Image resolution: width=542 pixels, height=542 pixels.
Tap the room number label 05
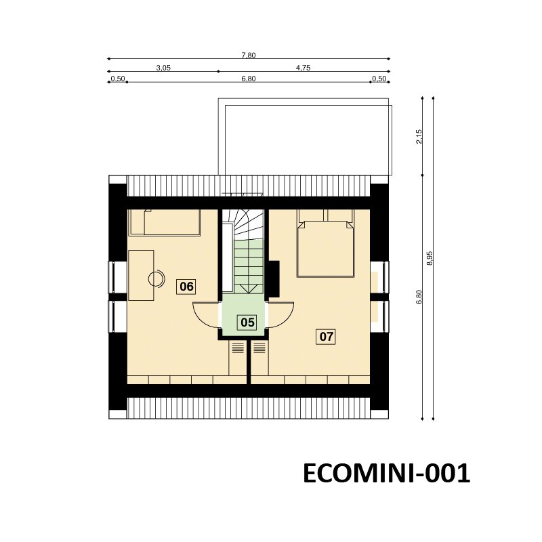247,322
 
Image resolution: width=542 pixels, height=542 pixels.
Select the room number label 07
326,336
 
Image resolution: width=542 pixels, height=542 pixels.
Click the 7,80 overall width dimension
249,55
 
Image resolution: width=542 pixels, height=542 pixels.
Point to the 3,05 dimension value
163,68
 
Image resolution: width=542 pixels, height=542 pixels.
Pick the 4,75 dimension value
303,68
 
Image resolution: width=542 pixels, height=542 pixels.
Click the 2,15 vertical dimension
419,137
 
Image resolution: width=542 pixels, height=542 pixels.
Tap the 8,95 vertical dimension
430,258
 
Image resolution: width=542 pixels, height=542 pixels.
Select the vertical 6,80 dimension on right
419,297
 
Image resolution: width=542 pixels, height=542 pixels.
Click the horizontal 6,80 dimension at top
249,79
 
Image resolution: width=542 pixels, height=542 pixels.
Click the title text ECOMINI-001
386,473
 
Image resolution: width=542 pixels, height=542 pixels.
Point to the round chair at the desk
157,278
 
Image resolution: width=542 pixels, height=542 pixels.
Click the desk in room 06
141,275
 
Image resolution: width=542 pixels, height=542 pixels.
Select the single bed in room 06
164,223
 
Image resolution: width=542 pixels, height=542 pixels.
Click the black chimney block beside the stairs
274,278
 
